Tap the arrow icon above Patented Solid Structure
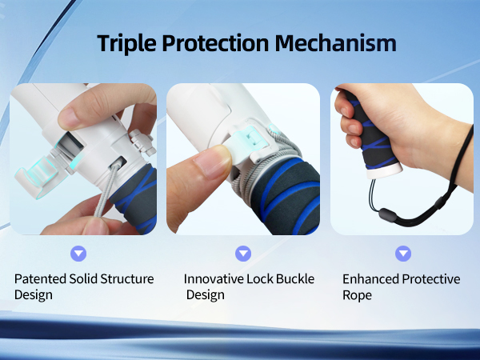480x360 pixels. coord(78,254)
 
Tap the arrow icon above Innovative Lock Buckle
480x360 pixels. coord(243,254)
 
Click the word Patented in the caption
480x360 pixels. coord(40,279)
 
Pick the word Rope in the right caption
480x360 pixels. coord(358,295)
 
